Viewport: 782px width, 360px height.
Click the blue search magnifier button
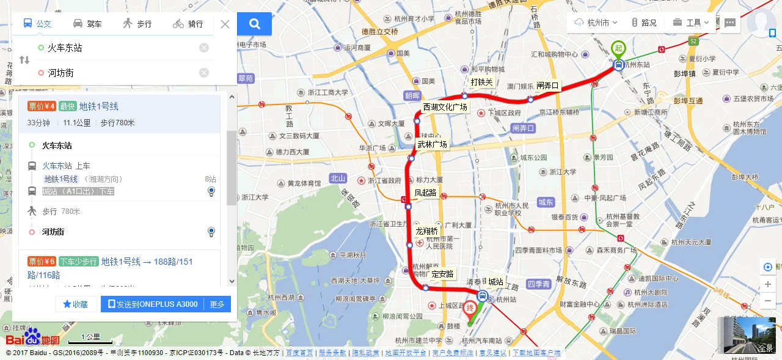(x=255, y=24)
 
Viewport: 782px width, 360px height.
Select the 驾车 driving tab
(x=87, y=24)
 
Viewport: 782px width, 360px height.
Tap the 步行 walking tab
(x=137, y=24)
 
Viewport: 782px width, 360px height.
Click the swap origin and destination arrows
(x=24, y=60)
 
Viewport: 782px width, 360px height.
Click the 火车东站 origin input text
(x=65, y=48)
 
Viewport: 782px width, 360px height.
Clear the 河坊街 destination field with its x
(x=204, y=73)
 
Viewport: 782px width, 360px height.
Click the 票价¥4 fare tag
(x=42, y=106)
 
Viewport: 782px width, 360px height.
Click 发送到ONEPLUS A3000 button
(x=153, y=304)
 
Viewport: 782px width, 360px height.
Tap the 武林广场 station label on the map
(x=432, y=145)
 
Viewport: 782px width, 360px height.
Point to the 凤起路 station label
(x=425, y=193)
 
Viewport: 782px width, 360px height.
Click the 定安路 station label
(x=442, y=274)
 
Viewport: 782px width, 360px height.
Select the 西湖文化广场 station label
(x=445, y=108)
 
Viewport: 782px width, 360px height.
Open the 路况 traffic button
(x=644, y=23)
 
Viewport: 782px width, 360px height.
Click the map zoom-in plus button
(x=768, y=284)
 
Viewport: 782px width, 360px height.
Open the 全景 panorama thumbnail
(x=749, y=336)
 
